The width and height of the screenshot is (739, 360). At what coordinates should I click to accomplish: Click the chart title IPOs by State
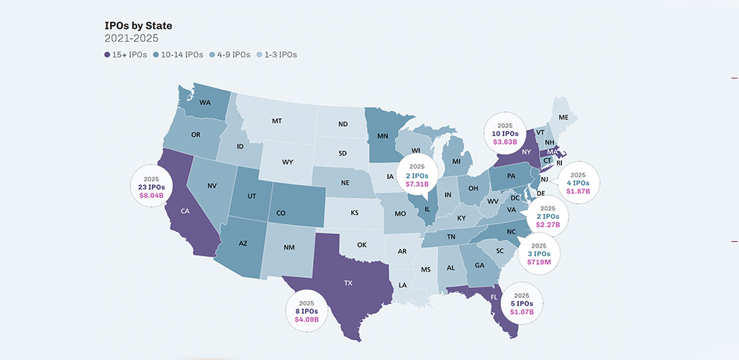[x=138, y=26]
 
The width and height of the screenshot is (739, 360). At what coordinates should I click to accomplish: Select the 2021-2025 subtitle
[x=132, y=39]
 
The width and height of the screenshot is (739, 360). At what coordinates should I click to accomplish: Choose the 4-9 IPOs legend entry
[x=230, y=55]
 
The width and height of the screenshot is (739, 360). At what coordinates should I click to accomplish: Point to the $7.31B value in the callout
[x=417, y=184]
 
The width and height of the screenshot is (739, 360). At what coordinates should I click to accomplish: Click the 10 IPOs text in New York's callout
[x=505, y=134]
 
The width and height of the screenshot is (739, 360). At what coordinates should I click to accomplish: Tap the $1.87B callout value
[x=578, y=192]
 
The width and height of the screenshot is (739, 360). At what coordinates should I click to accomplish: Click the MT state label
[x=276, y=121]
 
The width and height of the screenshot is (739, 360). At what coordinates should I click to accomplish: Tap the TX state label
[x=348, y=283]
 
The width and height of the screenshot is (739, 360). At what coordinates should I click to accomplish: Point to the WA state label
[x=204, y=102]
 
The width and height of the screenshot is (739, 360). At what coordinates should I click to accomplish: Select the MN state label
[x=383, y=135]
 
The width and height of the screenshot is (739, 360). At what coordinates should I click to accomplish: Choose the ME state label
[x=563, y=117]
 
